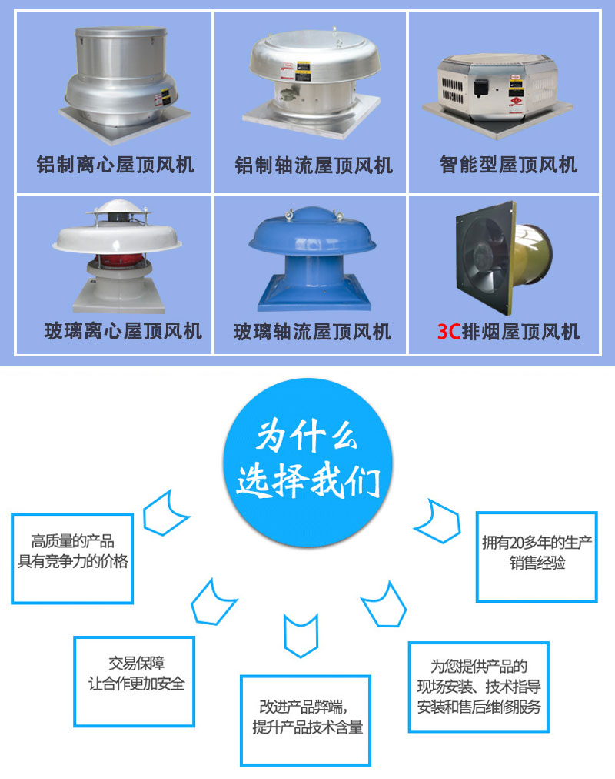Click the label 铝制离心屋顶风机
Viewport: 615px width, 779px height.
point(115,164)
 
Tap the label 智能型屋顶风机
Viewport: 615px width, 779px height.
point(508,164)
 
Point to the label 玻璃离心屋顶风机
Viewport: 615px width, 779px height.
point(123,331)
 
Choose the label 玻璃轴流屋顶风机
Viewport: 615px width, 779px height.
point(312,332)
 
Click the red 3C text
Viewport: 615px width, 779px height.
point(448,332)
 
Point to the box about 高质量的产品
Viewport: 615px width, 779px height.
point(73,557)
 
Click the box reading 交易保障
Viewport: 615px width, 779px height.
point(135,680)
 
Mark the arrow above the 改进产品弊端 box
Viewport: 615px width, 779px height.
point(301,635)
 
